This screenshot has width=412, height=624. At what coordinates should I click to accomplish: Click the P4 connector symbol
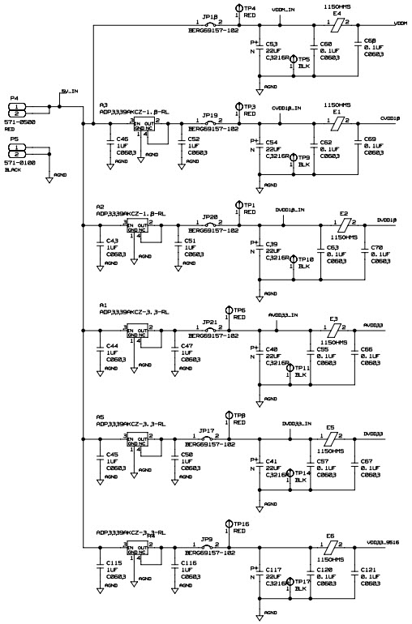pos(18,109)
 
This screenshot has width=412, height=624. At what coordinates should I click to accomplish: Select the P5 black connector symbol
pos(18,151)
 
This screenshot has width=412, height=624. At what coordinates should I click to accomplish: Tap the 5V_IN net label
pos(70,92)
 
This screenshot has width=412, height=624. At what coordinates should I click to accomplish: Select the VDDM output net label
pos(400,24)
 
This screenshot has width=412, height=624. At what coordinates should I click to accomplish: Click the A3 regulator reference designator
pos(104,105)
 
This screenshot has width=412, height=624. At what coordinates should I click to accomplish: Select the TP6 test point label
pos(239,310)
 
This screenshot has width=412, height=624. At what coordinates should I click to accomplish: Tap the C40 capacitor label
pos(273,349)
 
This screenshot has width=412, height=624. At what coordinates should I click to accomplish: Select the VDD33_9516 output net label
pos(384,541)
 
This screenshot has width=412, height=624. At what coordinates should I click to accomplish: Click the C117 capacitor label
pos(274,569)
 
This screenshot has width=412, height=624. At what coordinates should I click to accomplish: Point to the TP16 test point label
pos(241,524)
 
